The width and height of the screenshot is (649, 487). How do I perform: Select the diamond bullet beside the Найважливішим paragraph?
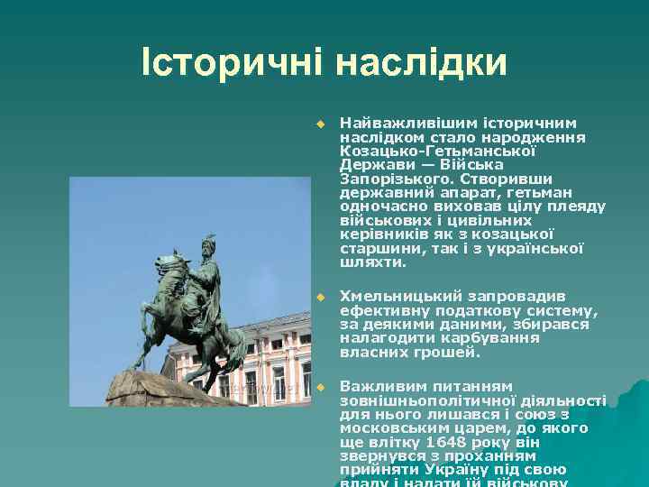pos(318,123)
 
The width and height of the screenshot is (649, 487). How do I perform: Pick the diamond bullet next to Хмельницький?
pos(318,296)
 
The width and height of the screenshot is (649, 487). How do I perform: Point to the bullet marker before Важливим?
pos(318,387)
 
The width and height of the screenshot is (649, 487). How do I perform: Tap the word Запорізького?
pos(385,179)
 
